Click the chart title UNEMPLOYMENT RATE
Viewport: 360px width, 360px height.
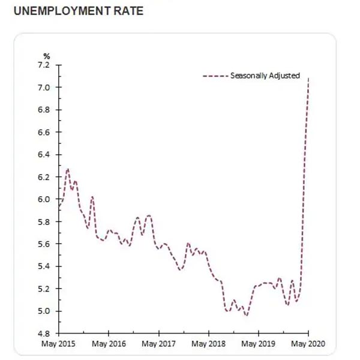pyautogui.click(x=74, y=11)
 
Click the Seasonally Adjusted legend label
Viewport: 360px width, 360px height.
pyautogui.click(x=265, y=76)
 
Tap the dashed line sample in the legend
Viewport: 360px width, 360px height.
pyautogui.click(x=215, y=76)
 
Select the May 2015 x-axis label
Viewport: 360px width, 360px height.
pyautogui.click(x=58, y=344)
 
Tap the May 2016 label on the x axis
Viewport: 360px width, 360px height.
pyautogui.click(x=108, y=344)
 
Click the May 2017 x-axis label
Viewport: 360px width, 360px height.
pyautogui.click(x=158, y=344)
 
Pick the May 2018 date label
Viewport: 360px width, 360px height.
pyautogui.click(x=208, y=344)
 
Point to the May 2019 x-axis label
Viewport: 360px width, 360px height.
pyautogui.click(x=258, y=344)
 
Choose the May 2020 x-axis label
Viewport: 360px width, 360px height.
pyautogui.click(x=308, y=344)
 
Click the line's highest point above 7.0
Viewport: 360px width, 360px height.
pyautogui.click(x=308, y=78)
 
